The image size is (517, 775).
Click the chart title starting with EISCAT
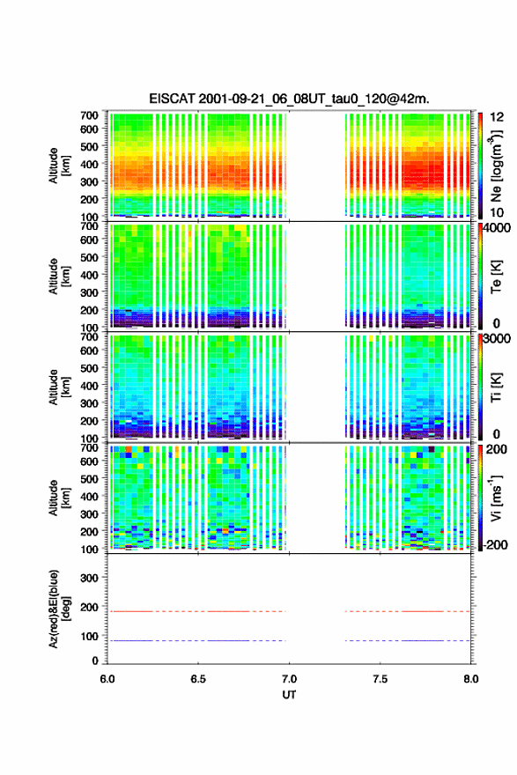click(x=289, y=99)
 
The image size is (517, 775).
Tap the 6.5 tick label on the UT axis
click(x=198, y=679)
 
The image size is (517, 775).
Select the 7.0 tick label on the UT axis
click(x=289, y=679)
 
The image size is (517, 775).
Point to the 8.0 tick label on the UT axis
click(x=471, y=679)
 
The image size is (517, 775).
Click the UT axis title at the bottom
click(x=289, y=695)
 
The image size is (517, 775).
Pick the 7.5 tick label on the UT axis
click(x=380, y=679)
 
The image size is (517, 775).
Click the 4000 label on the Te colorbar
click(x=497, y=229)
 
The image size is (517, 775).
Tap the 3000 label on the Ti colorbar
click(x=497, y=339)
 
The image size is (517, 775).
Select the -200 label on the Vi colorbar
click(x=493, y=544)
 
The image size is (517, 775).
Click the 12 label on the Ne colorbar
click(x=497, y=117)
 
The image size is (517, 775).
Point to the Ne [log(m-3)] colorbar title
click(x=496, y=166)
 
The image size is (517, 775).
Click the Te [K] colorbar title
click(x=496, y=277)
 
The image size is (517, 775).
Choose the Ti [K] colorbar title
click(x=496, y=387)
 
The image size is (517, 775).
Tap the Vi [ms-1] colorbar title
click(x=496, y=498)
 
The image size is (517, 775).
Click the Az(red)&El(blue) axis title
click(x=58, y=609)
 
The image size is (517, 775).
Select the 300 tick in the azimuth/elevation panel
click(x=89, y=578)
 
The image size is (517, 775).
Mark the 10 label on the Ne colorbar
click(x=497, y=212)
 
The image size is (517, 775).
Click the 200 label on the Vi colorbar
click(x=497, y=449)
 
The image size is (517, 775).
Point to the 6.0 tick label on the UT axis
click(x=107, y=679)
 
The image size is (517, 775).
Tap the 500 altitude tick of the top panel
click(x=89, y=147)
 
